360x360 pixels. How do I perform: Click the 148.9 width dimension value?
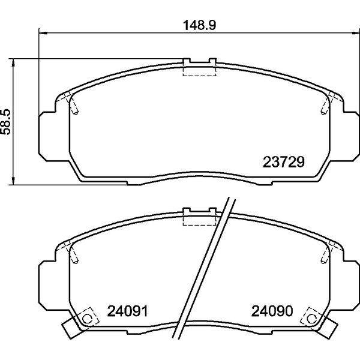[x=199, y=25]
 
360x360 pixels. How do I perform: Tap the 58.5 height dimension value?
[x=5, y=122]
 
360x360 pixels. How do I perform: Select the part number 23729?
[x=283, y=162]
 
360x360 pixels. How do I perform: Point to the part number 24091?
[x=127, y=311]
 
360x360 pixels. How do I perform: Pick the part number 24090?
[x=272, y=311]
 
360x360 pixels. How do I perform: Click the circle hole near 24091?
[x=87, y=319]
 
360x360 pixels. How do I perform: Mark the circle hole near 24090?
[x=311, y=319]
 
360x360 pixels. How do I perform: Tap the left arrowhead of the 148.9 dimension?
[x=43, y=33]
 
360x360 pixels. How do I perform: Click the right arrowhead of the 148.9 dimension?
[x=356, y=33]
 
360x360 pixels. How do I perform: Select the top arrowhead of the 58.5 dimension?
[x=13, y=62]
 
